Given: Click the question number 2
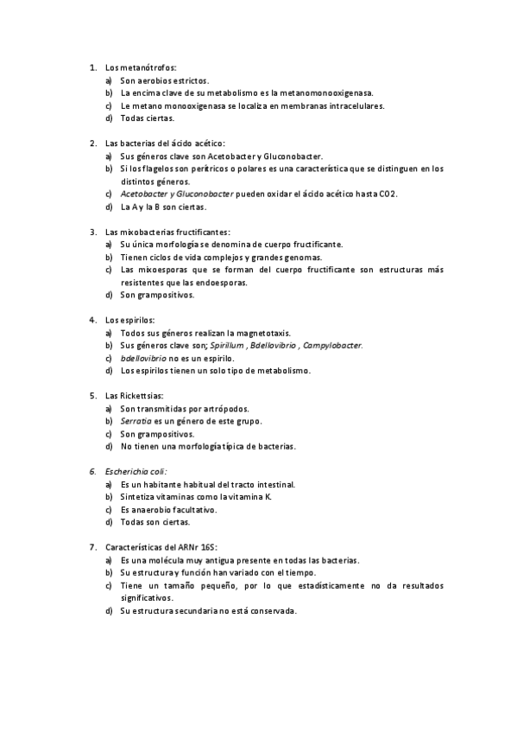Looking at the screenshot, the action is (93, 143).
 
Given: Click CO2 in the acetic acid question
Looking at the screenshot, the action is (388, 194).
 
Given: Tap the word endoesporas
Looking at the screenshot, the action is (223, 283).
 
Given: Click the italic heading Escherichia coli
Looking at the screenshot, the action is (136, 472).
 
